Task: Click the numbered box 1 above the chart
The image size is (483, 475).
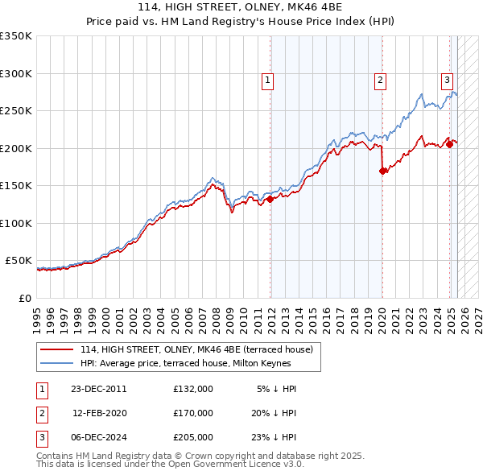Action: pos(266,80)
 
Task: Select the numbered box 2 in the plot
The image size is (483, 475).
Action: pos(379,80)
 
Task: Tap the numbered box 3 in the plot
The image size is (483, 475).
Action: pos(446,80)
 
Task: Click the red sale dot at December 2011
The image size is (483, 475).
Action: pos(270,199)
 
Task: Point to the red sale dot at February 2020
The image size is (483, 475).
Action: pos(382,171)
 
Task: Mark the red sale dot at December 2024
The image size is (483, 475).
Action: pos(449,145)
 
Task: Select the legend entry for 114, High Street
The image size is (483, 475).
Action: pos(201,349)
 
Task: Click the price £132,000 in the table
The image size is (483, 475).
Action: pos(192,389)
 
